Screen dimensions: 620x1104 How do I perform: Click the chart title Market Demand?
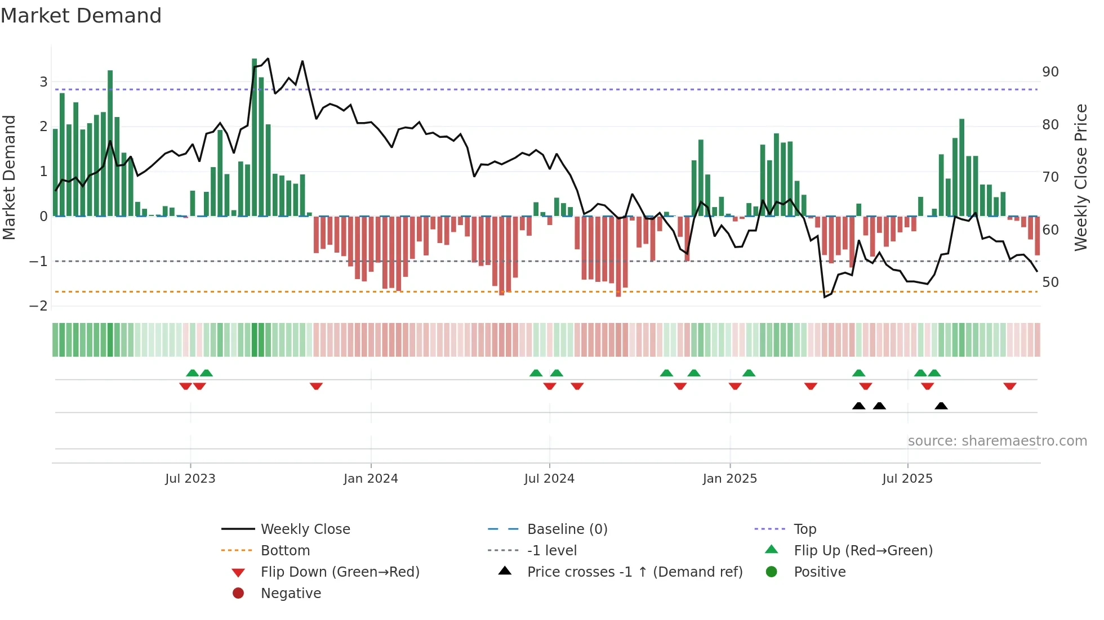[81, 16]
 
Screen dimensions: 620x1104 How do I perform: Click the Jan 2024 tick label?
[371, 479]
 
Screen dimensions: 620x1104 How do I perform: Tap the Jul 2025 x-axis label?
[907, 479]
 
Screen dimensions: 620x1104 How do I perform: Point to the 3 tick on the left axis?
[43, 82]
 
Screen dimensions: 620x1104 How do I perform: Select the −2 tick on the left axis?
[39, 306]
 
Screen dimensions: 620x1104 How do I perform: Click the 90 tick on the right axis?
[1050, 72]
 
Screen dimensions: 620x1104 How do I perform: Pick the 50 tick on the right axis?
[1050, 282]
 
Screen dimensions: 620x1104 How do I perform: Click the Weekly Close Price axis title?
[1080, 177]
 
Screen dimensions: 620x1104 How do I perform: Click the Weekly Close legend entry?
[305, 529]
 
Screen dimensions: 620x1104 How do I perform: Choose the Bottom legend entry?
[285, 551]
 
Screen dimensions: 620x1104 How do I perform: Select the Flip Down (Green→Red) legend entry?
[340, 572]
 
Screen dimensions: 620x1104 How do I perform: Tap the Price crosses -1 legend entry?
[635, 572]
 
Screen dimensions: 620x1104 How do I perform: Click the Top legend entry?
[805, 529]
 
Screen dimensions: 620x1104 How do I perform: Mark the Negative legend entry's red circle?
[238, 594]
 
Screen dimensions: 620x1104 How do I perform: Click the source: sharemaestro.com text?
[997, 441]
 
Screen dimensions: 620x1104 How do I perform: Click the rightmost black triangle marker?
[941, 406]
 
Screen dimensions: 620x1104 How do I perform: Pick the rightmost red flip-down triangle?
[1009, 386]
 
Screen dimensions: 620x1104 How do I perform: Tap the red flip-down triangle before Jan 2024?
[316, 386]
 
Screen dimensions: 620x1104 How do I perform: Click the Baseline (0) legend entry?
[567, 529]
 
